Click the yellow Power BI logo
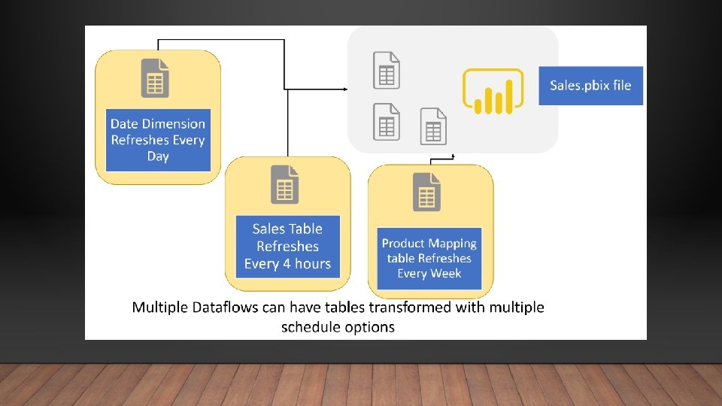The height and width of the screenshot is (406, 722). (493, 91)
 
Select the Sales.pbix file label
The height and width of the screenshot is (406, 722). (590, 85)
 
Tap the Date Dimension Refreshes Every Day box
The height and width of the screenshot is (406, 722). (158, 140)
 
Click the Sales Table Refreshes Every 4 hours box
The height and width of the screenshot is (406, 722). (287, 246)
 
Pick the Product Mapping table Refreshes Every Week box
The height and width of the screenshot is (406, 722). (429, 258)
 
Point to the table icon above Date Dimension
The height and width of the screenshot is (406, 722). (154, 77)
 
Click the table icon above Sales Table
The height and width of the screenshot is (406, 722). (284, 184)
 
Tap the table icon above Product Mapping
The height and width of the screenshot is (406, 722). (426, 192)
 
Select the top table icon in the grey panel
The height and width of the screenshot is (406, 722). (387, 70)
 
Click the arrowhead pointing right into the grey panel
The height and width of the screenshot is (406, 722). (345, 89)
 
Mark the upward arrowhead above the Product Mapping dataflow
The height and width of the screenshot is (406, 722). (453, 156)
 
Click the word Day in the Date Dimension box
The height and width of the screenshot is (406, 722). (158, 156)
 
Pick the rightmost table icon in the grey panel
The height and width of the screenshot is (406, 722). (433, 126)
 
